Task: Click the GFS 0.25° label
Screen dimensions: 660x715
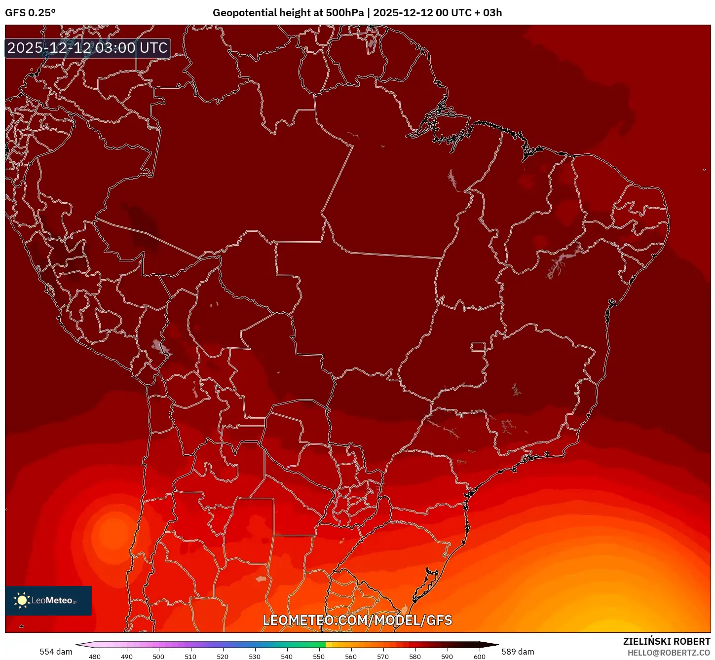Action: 30,13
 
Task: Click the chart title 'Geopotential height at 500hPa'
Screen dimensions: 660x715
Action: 288,13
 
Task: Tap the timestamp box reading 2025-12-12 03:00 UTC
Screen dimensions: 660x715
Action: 88,48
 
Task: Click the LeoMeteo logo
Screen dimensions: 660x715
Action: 48,600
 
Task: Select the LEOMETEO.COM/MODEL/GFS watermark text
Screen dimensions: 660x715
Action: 357,620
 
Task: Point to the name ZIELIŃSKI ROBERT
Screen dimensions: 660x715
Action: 666,641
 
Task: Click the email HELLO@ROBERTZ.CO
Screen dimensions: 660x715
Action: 668,653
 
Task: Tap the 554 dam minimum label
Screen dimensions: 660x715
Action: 56,652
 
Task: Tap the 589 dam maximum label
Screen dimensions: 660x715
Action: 518,652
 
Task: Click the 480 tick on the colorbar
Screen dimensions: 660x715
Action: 94,657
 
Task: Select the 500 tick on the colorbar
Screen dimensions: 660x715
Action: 158,657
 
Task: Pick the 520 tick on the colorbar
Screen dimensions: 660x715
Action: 223,657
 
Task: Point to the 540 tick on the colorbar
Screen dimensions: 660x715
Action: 287,657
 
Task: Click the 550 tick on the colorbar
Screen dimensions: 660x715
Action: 319,657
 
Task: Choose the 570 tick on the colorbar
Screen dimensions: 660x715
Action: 383,657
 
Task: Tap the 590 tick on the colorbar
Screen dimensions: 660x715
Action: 447,657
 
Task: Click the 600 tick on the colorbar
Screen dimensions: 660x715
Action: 479,657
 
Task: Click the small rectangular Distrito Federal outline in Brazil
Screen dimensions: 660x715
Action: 478,346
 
